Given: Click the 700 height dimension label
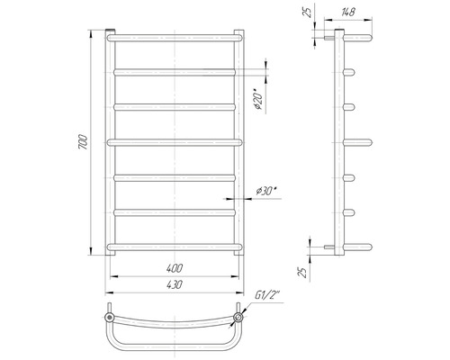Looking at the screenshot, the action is point(83,142).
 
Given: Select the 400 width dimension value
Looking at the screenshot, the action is point(175,268).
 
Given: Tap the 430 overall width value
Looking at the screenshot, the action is point(175,284).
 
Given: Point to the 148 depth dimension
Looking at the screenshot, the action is point(348,12).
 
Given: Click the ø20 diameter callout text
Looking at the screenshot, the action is point(258,99).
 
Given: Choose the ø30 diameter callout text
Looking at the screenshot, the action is point(266,191).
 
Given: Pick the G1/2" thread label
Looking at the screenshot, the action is point(267,295).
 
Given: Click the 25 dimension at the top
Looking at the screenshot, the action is point(309,13).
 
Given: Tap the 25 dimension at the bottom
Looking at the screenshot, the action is point(303,272).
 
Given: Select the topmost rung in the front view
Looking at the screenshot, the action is point(175,38).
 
